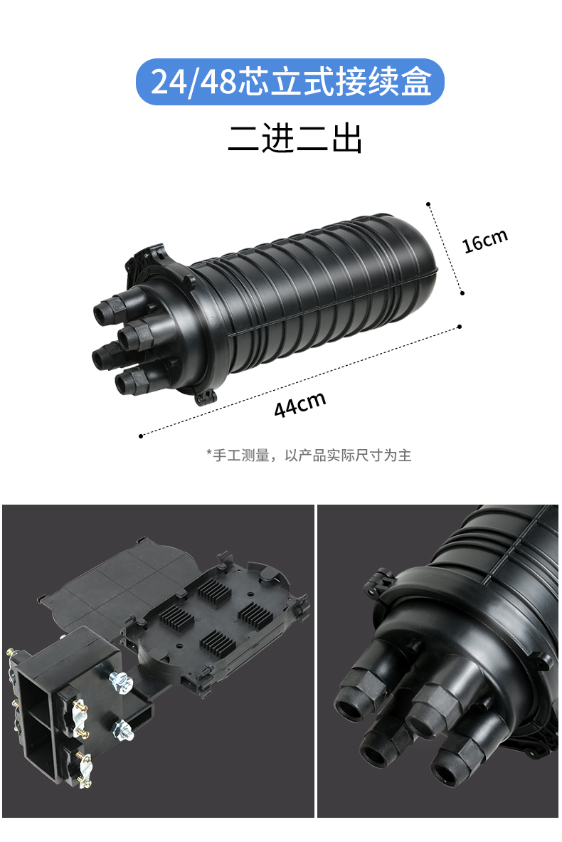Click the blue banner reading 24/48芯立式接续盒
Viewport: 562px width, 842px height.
tap(290, 82)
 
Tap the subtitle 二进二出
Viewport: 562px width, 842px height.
tap(295, 139)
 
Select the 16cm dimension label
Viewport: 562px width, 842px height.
tap(484, 241)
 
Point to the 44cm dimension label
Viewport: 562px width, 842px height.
tap(299, 404)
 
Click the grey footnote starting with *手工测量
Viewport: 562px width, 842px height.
tap(309, 456)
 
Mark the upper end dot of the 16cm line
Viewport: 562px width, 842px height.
tap(428, 204)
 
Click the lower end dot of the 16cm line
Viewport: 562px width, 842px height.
tap(462, 293)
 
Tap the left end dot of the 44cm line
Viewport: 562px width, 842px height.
tap(141, 436)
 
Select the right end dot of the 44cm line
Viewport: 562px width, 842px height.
tap(460, 327)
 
